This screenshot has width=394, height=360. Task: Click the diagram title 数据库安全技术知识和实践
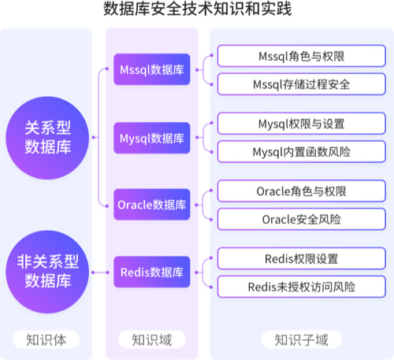click(197, 9)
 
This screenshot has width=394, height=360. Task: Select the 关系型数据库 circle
click(47, 138)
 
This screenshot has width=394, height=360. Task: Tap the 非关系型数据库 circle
click(47, 272)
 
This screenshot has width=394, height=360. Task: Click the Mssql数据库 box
click(152, 69)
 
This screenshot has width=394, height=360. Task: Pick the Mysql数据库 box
click(152, 138)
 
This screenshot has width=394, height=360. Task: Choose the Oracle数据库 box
click(152, 205)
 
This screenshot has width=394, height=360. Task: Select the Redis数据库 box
click(152, 272)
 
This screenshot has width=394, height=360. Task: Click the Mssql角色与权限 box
click(302, 56)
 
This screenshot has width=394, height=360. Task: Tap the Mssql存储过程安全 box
click(302, 84)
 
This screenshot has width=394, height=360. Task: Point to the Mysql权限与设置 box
click(302, 124)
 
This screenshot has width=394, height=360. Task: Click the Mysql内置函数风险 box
click(302, 152)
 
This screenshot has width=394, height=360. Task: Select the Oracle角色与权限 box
click(302, 191)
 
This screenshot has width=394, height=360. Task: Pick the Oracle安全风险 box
click(302, 219)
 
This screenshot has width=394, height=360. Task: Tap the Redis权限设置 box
click(302, 258)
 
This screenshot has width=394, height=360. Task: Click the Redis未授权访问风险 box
click(302, 287)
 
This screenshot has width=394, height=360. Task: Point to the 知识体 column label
click(46, 340)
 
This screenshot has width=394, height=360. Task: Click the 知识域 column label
click(152, 340)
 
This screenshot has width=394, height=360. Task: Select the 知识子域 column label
click(302, 340)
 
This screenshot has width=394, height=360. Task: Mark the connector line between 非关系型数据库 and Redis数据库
click(100, 273)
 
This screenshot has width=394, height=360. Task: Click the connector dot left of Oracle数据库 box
click(107, 206)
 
